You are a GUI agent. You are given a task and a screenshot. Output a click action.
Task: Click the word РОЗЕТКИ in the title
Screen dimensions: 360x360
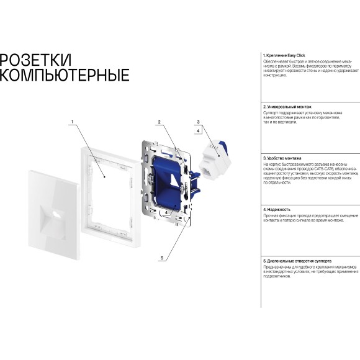click(35, 60)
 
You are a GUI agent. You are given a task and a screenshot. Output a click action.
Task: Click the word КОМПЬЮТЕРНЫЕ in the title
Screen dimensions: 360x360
click(65, 76)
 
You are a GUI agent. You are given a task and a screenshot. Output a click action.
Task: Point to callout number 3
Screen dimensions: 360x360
click(198, 122)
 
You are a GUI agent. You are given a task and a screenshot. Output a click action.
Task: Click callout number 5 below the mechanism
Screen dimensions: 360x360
click(162, 258)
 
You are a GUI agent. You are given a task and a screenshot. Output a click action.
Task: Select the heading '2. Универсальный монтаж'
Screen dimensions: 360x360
click(287, 107)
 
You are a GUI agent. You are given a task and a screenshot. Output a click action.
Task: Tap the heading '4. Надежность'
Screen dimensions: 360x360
click(276, 210)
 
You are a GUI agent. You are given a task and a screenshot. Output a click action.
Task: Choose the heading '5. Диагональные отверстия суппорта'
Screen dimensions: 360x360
click(297, 261)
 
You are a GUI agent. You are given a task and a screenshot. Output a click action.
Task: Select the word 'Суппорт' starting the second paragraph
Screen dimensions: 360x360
click(271, 113)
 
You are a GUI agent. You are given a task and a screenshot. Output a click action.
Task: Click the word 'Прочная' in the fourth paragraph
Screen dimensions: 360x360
click(271, 215)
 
